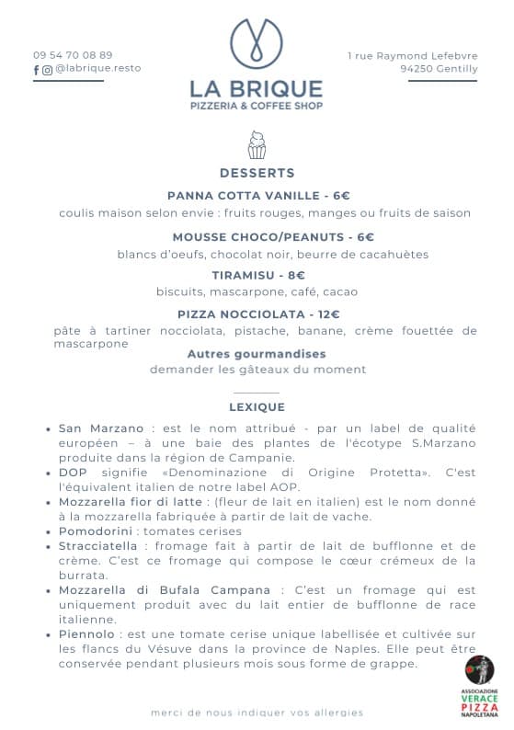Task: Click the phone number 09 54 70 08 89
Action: click(73, 54)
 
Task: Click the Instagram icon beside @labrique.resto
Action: click(47, 69)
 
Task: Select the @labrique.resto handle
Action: click(97, 68)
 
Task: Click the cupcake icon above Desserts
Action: click(257, 144)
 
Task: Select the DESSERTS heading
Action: click(257, 173)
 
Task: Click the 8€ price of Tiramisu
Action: click(295, 275)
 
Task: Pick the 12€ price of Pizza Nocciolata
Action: click(328, 314)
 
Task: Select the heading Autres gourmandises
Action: click(257, 353)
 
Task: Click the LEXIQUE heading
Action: click(257, 406)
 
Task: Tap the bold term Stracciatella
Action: click(97, 546)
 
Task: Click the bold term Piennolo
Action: click(86, 634)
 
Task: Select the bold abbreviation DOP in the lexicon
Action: click(73, 473)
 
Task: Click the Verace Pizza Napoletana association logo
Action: click(478, 686)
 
